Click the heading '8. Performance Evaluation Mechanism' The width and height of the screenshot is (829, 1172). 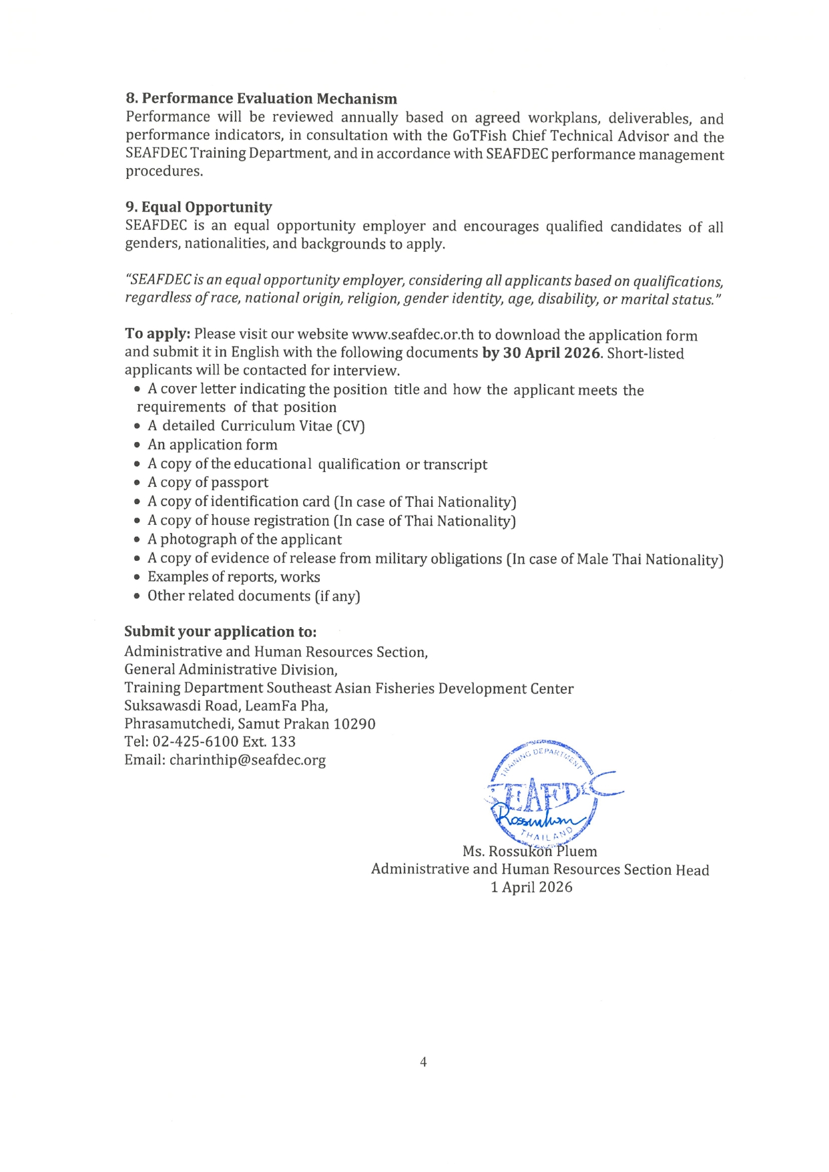click(261, 99)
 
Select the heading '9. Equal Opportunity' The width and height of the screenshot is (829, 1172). click(198, 207)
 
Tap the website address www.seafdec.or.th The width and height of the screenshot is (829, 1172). click(412, 335)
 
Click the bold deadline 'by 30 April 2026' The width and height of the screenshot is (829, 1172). click(541, 353)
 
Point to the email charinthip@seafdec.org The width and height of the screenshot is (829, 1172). click(247, 760)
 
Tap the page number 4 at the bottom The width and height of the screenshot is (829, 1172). click(423, 1062)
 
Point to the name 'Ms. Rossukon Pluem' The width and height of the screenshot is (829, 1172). click(529, 851)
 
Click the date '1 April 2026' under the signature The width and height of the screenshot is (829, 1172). click(531, 887)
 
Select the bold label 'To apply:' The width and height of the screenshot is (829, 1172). click(158, 334)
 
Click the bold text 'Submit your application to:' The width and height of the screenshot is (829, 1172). click(220, 632)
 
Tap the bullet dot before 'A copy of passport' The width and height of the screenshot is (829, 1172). click(137, 483)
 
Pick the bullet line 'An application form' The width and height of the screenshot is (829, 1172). click(212, 445)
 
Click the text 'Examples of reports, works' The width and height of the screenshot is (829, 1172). click(233, 577)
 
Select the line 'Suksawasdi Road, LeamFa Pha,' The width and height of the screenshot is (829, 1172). click(226, 706)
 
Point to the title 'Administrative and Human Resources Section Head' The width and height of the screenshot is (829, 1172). click(539, 869)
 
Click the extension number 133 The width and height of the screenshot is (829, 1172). click(283, 741)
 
